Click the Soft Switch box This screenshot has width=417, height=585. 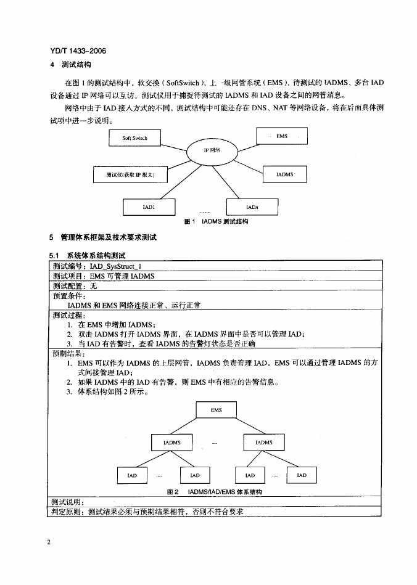click(134, 138)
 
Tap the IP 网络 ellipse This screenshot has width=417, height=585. click(212, 150)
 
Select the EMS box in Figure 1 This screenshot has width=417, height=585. click(281, 136)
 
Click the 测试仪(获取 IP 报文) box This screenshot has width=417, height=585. click(130, 174)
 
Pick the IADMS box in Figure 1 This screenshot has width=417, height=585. click(284, 174)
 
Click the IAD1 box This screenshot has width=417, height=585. click(149, 208)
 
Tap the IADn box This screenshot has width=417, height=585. click(252, 208)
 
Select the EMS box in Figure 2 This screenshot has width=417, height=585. click(216, 410)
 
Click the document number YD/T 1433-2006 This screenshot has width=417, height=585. click(73, 51)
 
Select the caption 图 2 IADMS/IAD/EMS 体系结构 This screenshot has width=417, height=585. click(215, 492)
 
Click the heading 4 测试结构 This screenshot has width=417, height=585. click(70, 65)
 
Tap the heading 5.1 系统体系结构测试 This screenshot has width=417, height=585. click(87, 255)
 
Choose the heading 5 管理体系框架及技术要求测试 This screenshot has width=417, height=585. click(103, 237)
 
